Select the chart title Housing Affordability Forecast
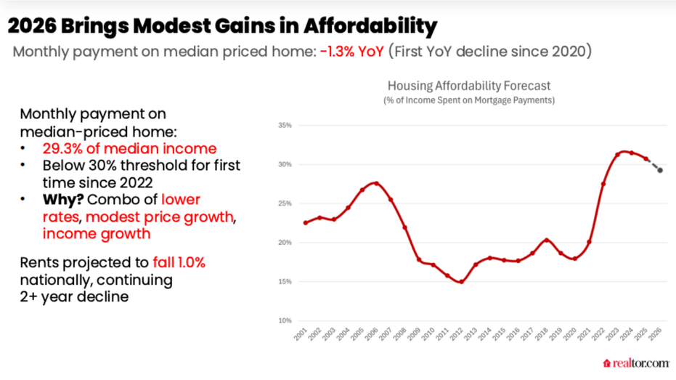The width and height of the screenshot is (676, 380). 468,86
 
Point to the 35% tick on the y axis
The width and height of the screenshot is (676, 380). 284,126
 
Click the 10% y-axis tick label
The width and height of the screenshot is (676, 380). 284,320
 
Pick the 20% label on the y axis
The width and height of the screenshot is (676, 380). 284,243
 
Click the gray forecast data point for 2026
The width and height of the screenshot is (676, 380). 660,170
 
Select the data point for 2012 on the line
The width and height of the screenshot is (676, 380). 461,282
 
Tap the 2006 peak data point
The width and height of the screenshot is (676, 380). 376,183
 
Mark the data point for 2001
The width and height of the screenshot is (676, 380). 305,222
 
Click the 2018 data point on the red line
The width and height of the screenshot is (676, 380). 546,240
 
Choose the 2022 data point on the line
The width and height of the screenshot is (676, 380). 603,184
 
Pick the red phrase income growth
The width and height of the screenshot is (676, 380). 97,233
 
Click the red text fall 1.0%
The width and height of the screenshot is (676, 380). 179,262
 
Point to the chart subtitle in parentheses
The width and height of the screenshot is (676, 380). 468,100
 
